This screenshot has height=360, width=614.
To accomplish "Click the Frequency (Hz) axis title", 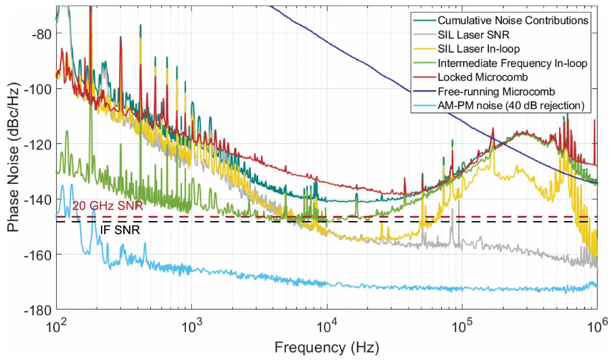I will point(327,347).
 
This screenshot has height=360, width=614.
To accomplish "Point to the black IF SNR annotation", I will point(120,230).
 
